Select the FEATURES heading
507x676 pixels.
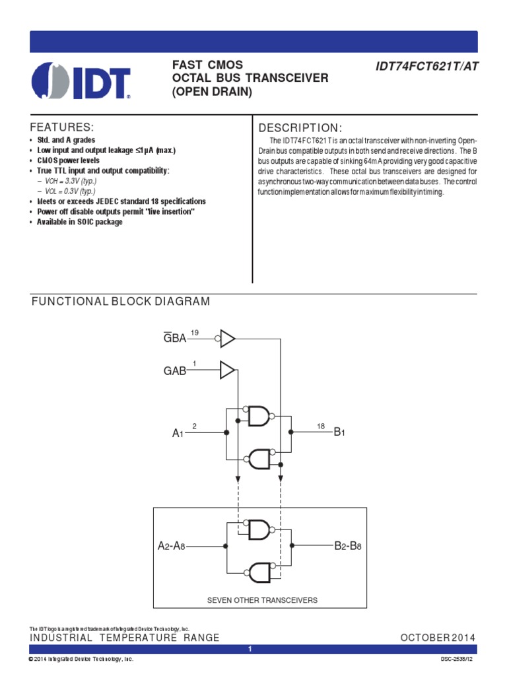[x=63, y=127]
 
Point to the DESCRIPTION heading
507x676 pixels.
[x=300, y=127]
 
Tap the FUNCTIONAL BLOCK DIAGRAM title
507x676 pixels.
[x=121, y=302]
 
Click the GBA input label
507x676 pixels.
[x=175, y=339]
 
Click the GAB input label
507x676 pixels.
[x=175, y=372]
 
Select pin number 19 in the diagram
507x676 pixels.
[x=194, y=331]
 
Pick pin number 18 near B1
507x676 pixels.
[x=321, y=426]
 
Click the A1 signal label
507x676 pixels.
[x=177, y=434]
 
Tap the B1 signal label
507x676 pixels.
[x=340, y=433]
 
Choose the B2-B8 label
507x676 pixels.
[x=348, y=547]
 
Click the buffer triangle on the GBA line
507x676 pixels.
[x=228, y=339]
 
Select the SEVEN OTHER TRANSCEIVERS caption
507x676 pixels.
[x=263, y=600]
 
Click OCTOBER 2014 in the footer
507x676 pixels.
[x=438, y=638]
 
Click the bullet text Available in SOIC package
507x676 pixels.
[x=80, y=222]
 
